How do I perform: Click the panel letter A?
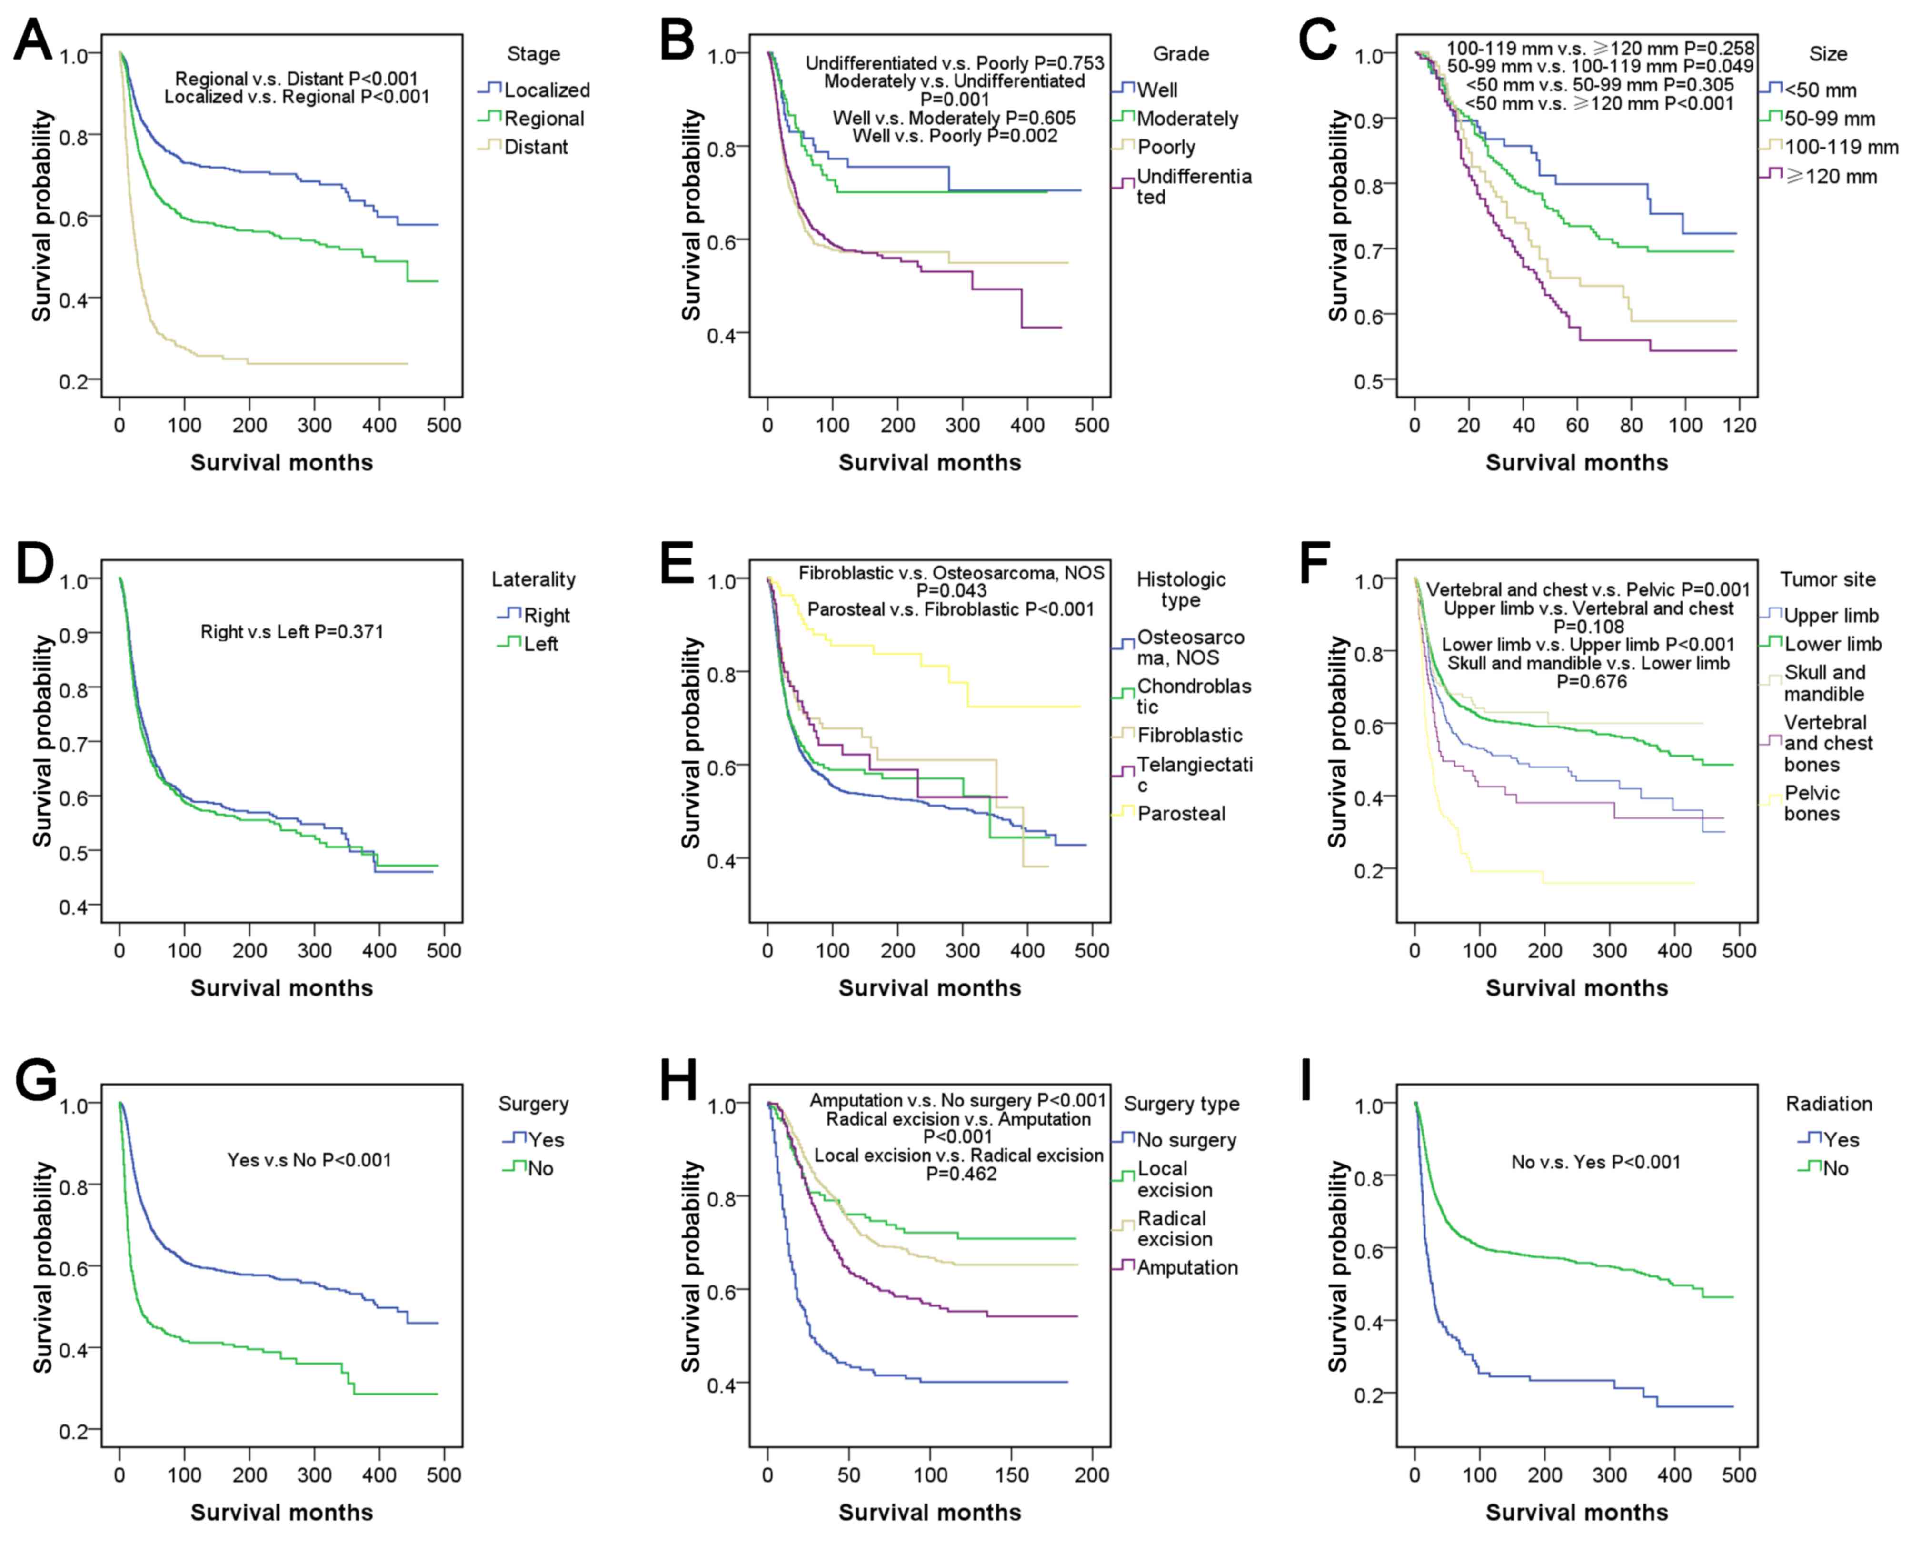coord(34,40)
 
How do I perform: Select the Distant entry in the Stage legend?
coord(535,147)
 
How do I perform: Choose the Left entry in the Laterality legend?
coord(540,644)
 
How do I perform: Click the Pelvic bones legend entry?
coord(1812,803)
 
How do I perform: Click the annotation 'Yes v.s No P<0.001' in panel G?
coord(309,1160)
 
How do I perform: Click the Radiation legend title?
coord(1828,1104)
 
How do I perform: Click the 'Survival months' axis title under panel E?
coord(929,987)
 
